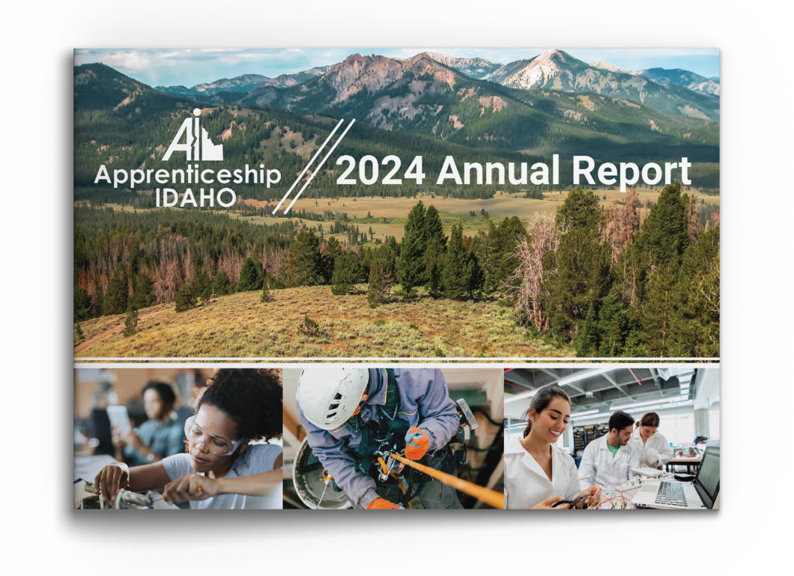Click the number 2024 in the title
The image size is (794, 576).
click(x=381, y=171)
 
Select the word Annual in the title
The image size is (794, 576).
click(x=498, y=170)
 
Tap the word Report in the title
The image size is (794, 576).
click(x=631, y=172)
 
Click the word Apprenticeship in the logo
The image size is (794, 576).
click(x=187, y=175)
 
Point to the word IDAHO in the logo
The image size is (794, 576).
click(x=196, y=198)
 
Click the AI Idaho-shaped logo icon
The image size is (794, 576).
click(x=193, y=136)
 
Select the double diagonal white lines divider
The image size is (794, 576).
click(x=314, y=166)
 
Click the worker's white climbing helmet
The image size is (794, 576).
click(x=333, y=396)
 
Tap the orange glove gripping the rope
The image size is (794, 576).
click(x=416, y=443)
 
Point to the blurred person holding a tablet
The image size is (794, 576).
click(x=147, y=422)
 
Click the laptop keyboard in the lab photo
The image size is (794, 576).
click(x=670, y=494)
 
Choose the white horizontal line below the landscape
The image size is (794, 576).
click(x=396, y=360)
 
